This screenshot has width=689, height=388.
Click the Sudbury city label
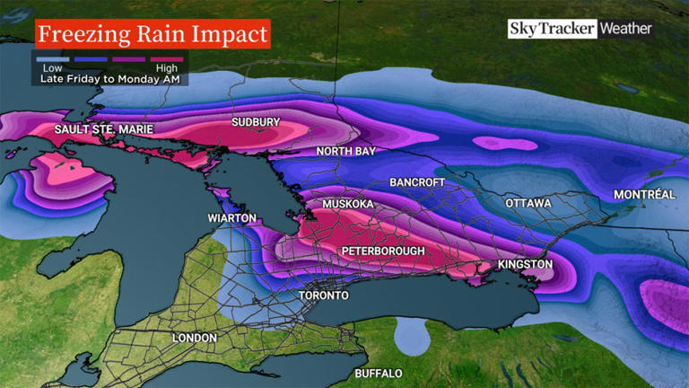click(x=256, y=122)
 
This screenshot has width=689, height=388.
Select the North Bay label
click(x=345, y=152)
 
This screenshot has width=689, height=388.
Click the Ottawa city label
click(x=528, y=203)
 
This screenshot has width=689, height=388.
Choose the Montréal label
click(x=643, y=195)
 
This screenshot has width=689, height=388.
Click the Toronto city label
click(x=322, y=295)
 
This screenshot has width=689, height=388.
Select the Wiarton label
click(x=232, y=218)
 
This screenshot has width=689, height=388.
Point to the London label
click(x=195, y=338)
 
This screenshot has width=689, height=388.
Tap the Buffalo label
click(x=378, y=373)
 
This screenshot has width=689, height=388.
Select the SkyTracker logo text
click(x=552, y=29)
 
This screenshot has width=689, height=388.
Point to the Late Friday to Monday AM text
click(x=110, y=79)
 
